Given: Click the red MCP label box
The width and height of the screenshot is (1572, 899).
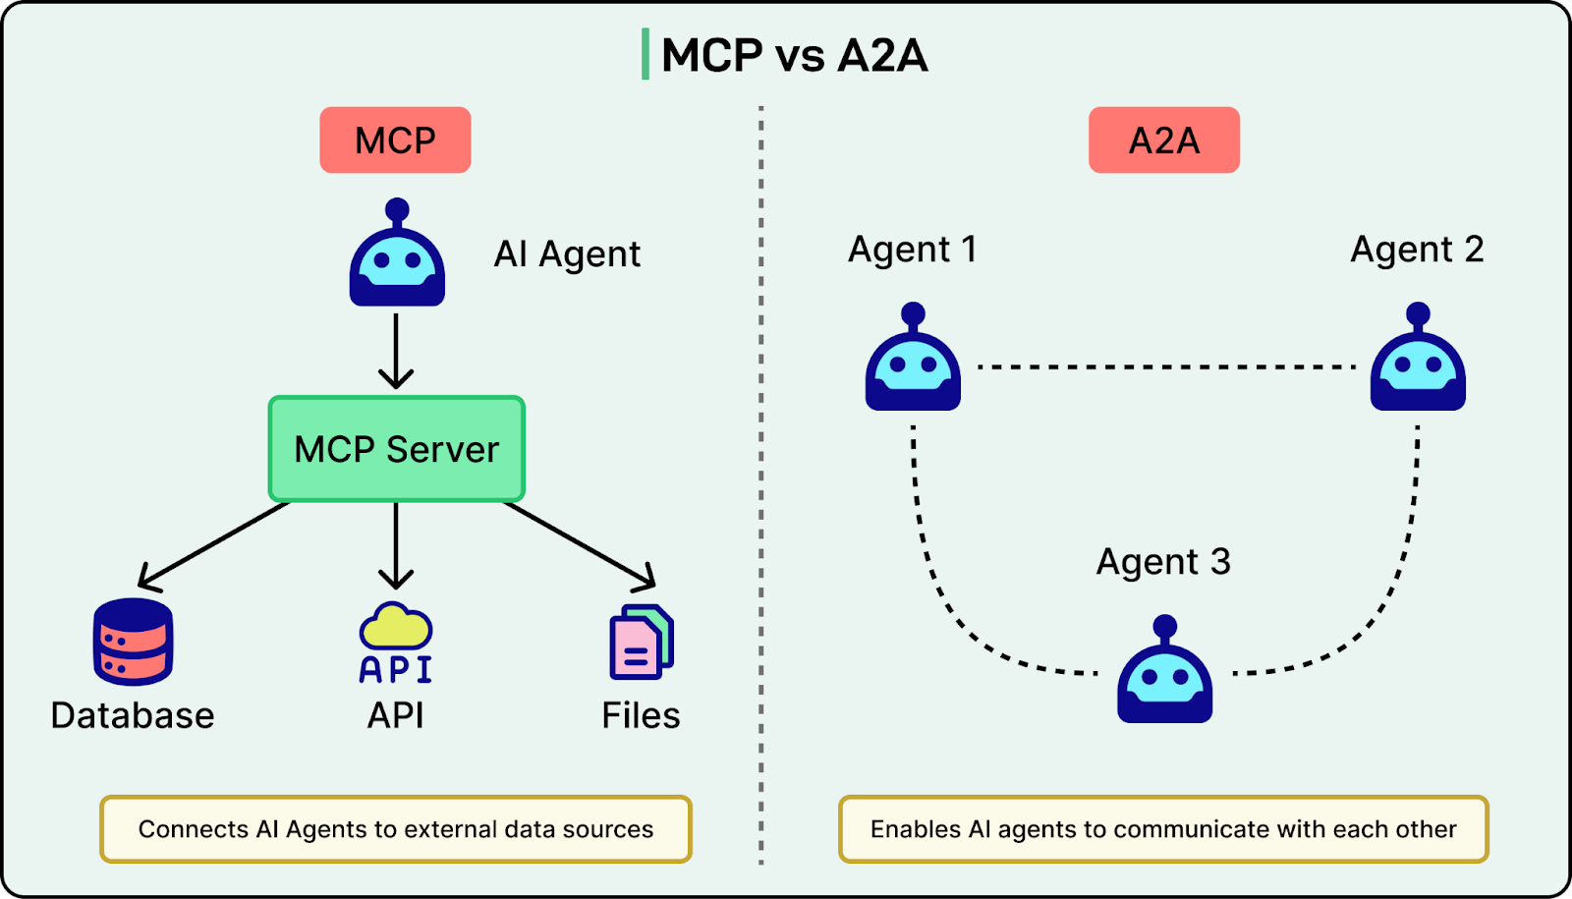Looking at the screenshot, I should click(395, 140).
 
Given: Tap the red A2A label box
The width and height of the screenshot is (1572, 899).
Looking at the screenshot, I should click(1163, 140).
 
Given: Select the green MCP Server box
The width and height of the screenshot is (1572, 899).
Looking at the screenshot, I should click(396, 449).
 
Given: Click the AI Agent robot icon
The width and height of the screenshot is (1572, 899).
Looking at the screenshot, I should click(397, 257).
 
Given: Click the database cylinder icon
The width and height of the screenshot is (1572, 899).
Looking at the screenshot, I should click(134, 642).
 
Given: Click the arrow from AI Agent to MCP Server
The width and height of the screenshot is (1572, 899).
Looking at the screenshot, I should click(396, 351).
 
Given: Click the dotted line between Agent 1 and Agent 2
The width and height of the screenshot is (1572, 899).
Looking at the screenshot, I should click(1166, 366).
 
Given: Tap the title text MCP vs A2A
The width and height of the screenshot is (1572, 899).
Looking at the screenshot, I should click(794, 55).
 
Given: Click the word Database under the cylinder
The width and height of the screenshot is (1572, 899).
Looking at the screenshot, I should click(133, 715).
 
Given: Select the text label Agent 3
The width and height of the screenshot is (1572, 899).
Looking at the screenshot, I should click(1163, 562).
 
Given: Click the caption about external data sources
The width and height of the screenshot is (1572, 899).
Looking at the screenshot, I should click(396, 829).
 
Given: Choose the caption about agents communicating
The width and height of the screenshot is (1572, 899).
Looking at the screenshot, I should click(1163, 829).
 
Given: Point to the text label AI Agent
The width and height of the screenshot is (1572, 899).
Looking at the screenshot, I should click(567, 254).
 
